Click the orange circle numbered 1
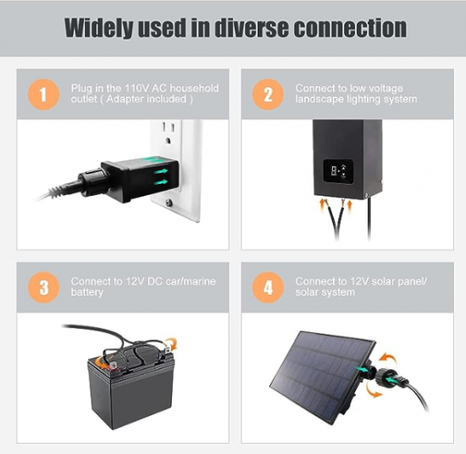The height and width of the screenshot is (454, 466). pyautogui.click(x=43, y=95)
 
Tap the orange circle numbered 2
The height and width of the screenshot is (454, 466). pyautogui.click(x=268, y=95)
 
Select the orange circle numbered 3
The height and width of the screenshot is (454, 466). pyautogui.click(x=43, y=287)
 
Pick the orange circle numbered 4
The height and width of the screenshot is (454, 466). pyautogui.click(x=268, y=287)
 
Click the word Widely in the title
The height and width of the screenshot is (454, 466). pyautogui.click(x=98, y=28)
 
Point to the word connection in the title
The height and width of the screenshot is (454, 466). pyautogui.click(x=350, y=28)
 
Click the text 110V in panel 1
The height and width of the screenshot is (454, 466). pyautogui.click(x=136, y=88)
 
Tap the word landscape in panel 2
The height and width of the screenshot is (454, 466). pyautogui.click(x=319, y=99)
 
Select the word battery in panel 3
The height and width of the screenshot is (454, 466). pyautogui.click(x=87, y=292)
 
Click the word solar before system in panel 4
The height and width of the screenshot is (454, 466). pyautogui.click(x=306, y=292)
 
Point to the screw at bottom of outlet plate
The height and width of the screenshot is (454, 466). pyautogui.click(x=169, y=203)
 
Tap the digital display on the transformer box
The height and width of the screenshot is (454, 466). pyautogui.click(x=338, y=171)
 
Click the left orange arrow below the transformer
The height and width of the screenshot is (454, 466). pyautogui.click(x=322, y=206)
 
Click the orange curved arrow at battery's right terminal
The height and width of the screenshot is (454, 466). pyautogui.click(x=172, y=343)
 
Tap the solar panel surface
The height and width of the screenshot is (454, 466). pyautogui.click(x=323, y=374)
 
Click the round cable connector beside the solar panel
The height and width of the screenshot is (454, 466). pyautogui.click(x=380, y=375)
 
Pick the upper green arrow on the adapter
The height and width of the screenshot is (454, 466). pyautogui.click(x=161, y=171)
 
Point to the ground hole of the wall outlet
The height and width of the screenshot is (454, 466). pyautogui.click(x=168, y=140)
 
